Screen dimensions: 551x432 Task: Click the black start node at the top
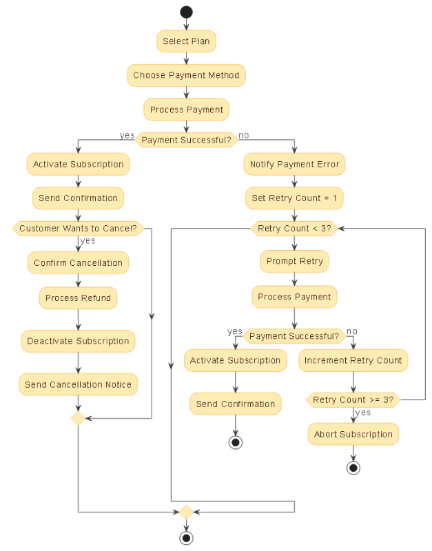click(x=186, y=12)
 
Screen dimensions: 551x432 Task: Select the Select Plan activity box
click(x=186, y=41)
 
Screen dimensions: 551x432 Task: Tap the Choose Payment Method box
click(x=186, y=76)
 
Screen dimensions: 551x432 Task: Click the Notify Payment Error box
click(x=294, y=165)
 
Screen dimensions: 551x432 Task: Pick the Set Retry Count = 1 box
click(x=294, y=198)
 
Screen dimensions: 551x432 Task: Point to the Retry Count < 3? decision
click(x=294, y=229)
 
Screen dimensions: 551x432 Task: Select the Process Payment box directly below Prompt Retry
click(x=294, y=297)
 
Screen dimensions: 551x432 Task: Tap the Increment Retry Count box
click(x=353, y=360)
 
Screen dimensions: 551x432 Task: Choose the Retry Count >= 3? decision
click(x=353, y=400)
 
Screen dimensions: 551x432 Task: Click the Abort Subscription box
click(x=353, y=435)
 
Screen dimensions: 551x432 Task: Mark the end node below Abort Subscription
click(x=353, y=468)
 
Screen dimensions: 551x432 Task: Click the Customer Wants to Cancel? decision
click(x=78, y=229)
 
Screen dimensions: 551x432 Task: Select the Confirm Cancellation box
click(x=78, y=263)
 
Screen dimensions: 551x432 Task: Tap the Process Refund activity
click(x=78, y=298)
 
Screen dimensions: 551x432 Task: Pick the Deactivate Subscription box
click(x=78, y=341)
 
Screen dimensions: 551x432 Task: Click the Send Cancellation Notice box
click(x=78, y=384)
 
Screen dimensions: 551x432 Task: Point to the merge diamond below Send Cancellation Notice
click(x=78, y=418)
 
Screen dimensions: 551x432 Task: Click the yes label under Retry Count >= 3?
click(x=363, y=413)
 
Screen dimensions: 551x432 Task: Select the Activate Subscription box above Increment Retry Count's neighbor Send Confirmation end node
click(x=235, y=360)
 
